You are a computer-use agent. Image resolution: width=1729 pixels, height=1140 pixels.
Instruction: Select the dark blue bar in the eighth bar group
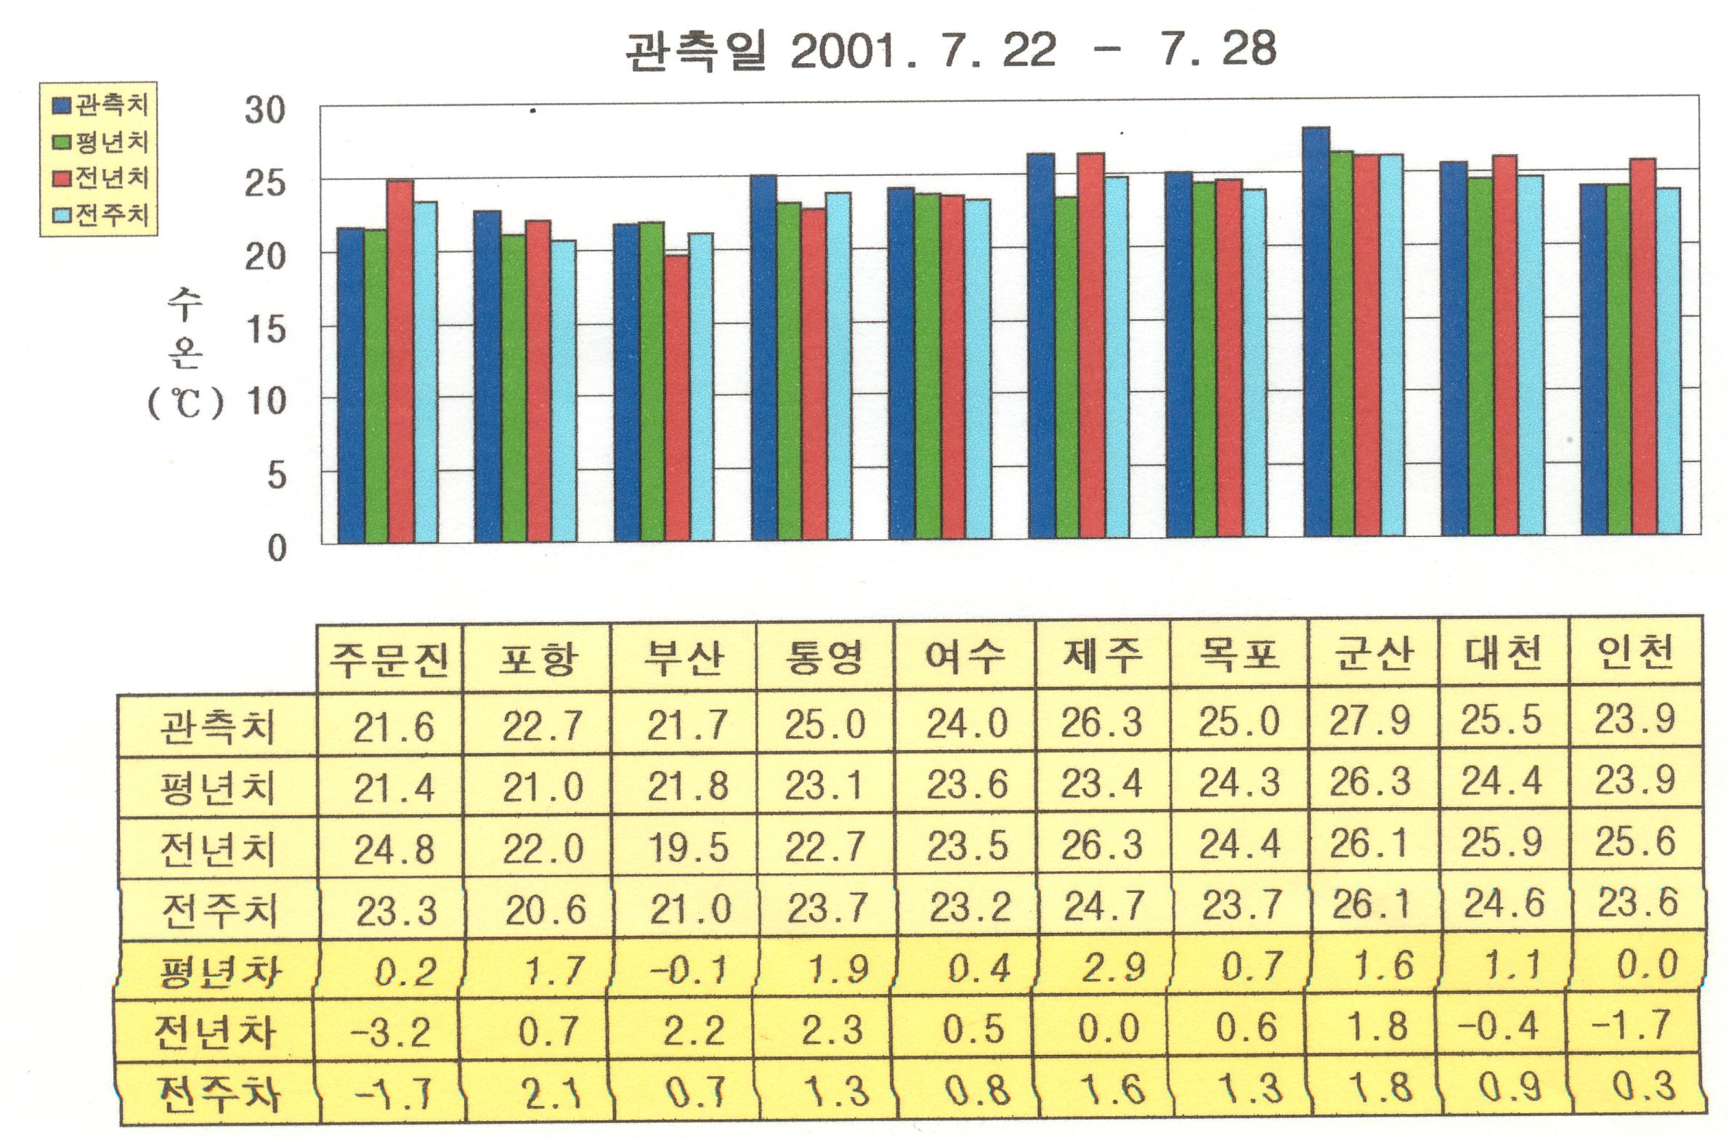(x=1316, y=334)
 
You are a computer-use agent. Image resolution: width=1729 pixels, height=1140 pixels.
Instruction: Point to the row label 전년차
(x=216, y=1032)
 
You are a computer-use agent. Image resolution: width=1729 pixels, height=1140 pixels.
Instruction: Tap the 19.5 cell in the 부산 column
(x=687, y=847)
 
